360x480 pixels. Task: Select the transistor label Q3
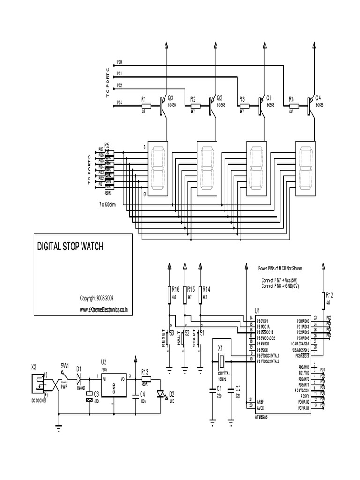(170, 98)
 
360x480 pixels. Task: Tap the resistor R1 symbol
(145, 106)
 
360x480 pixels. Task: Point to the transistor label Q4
(318, 98)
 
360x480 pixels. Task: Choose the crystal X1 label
(220, 349)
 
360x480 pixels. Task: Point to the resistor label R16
(176, 289)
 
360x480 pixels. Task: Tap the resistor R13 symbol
(145, 379)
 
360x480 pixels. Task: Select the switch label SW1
(65, 365)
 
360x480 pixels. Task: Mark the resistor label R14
(206, 289)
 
